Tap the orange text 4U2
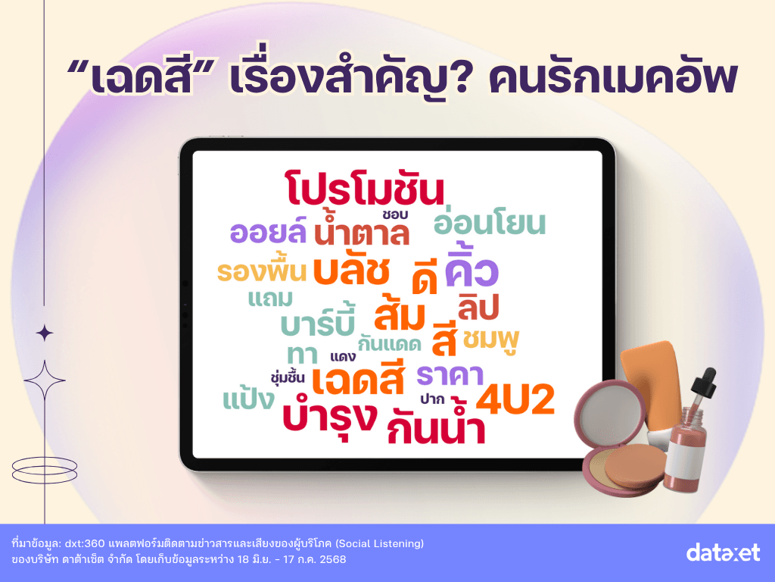tap(515, 400)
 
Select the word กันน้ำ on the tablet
tap(435, 424)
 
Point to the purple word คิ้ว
tap(472, 268)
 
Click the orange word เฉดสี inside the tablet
tap(358, 379)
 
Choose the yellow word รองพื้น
tap(262, 271)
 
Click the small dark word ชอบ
tap(394, 214)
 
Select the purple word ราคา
tap(450, 375)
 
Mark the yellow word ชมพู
tap(491, 341)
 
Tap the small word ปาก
tap(432, 399)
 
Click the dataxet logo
tap(723, 552)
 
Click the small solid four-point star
tap(45, 333)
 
